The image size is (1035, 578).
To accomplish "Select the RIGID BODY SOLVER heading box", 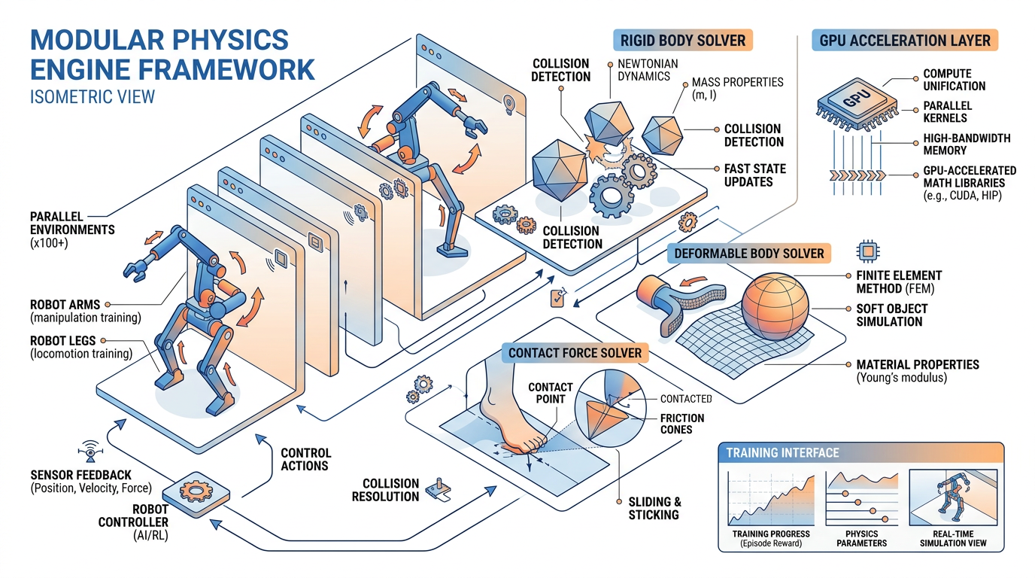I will [683, 40].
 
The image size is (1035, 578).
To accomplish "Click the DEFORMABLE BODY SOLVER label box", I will [749, 253].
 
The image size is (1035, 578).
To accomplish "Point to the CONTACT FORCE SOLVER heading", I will [575, 352].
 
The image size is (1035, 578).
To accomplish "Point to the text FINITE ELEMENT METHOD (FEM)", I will [899, 282].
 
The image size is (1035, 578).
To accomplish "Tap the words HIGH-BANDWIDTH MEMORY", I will [967, 144].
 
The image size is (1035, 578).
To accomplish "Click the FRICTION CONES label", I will [682, 424].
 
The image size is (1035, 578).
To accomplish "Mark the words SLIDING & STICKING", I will [654, 509].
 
